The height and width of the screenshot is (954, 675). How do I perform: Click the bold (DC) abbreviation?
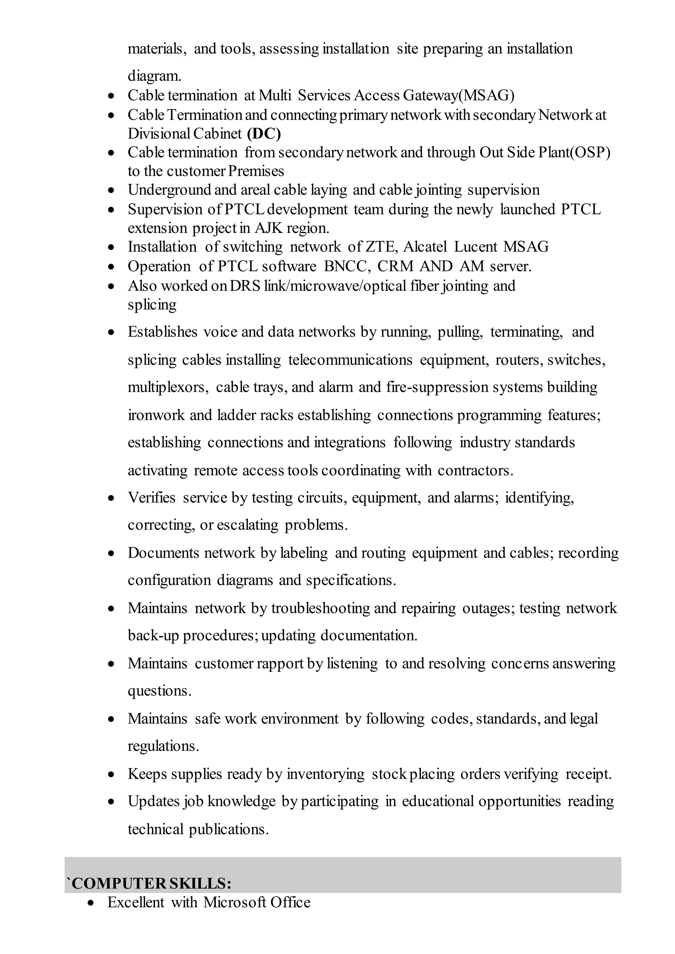pyautogui.click(x=264, y=134)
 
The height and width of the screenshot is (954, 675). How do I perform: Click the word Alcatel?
pyautogui.click(x=425, y=247)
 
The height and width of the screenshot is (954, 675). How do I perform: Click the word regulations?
pyautogui.click(x=163, y=746)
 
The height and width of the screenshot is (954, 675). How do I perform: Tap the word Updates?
pyautogui.click(x=154, y=801)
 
